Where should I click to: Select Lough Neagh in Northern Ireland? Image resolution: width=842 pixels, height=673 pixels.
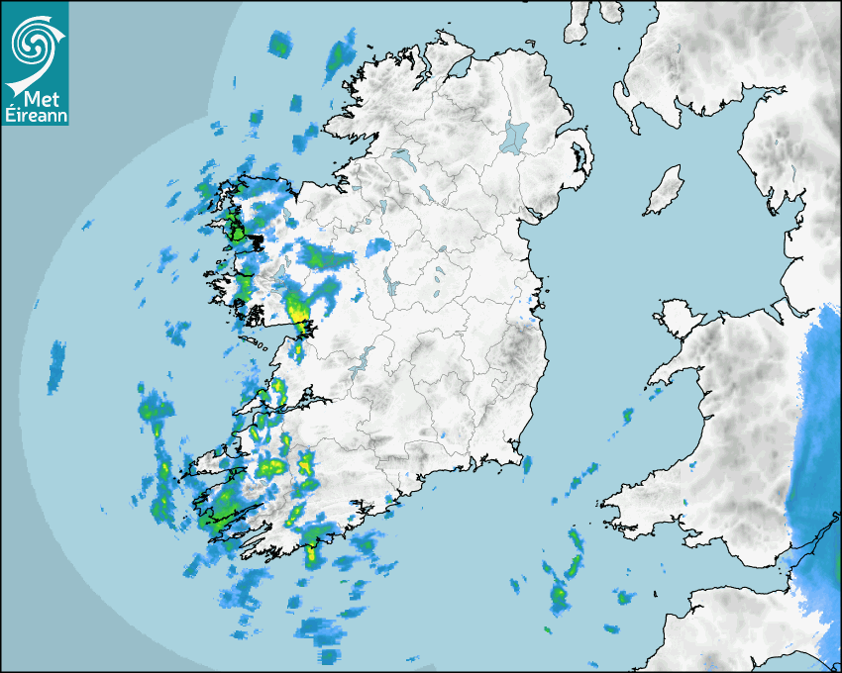tap(515, 135)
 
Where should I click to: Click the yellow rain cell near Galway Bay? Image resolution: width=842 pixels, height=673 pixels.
tap(298, 313)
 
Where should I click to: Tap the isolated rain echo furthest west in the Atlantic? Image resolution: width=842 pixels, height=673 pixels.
tap(55, 368)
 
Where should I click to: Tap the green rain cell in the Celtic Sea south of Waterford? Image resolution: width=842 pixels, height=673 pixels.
tap(559, 595)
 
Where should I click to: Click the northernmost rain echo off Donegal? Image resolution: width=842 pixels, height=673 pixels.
tap(281, 44)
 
